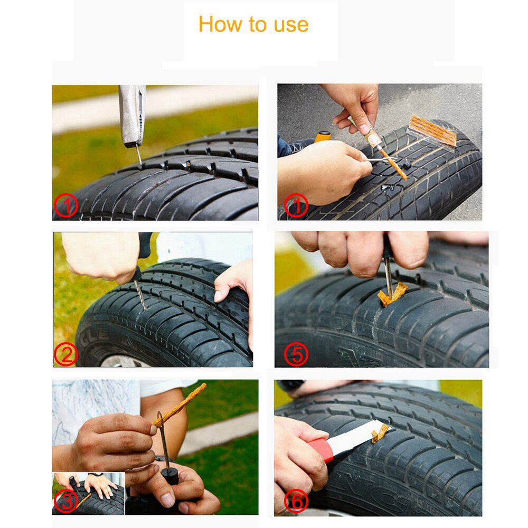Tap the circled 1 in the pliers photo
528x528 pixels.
66,206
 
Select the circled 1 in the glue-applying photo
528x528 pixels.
296,206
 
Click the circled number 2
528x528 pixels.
65,354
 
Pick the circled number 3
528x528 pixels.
66,502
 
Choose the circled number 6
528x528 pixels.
296,502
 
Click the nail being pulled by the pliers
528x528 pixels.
138,155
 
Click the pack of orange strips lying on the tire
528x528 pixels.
432,130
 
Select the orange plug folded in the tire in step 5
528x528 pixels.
392,295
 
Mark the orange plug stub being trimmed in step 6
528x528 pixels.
380,433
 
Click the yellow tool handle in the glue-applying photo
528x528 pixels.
322,136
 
